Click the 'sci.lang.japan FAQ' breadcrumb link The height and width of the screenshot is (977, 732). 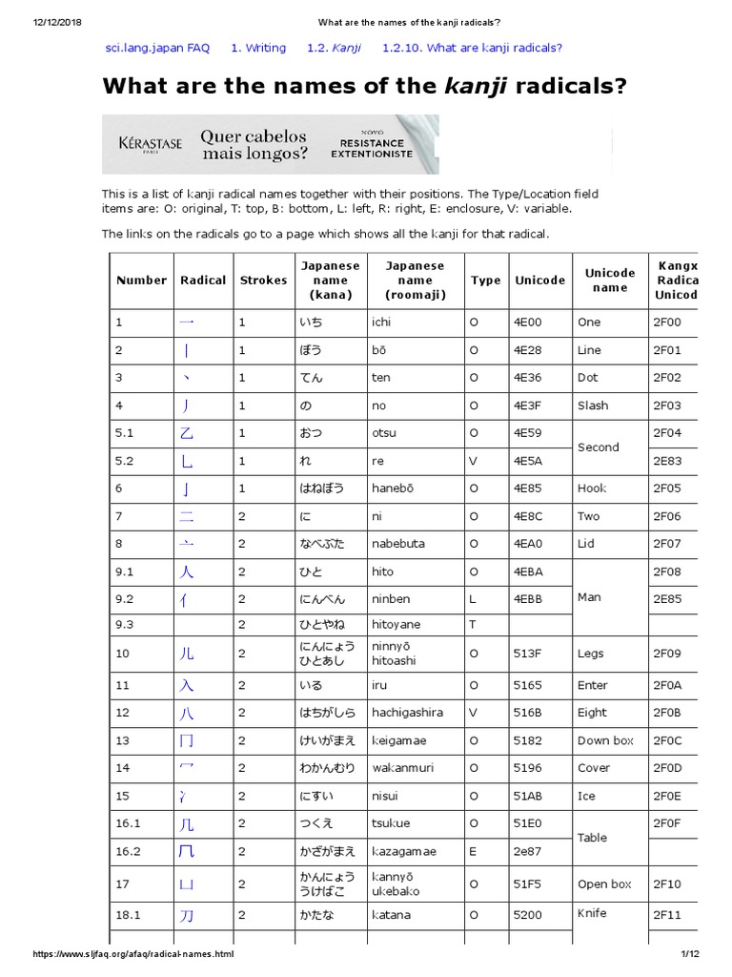pyautogui.click(x=157, y=48)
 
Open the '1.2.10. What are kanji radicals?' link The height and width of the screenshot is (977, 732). pyautogui.click(x=472, y=48)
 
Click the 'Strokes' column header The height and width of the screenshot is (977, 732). pyautogui.click(x=262, y=281)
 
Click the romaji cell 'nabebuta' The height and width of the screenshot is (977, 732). pyautogui.click(x=398, y=544)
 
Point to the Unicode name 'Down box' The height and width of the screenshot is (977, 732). pyautogui.click(x=605, y=740)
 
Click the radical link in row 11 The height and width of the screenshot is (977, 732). pyautogui.click(x=187, y=685)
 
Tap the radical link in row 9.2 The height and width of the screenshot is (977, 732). pyautogui.click(x=187, y=599)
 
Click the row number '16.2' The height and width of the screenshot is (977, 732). pyautogui.click(x=128, y=851)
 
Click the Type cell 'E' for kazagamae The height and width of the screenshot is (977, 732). pyautogui.click(x=474, y=851)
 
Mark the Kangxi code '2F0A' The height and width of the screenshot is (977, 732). pyautogui.click(x=667, y=685)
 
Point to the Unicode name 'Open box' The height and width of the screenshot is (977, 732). pyautogui.click(x=604, y=884)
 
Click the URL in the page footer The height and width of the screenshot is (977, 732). pyautogui.click(x=132, y=954)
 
